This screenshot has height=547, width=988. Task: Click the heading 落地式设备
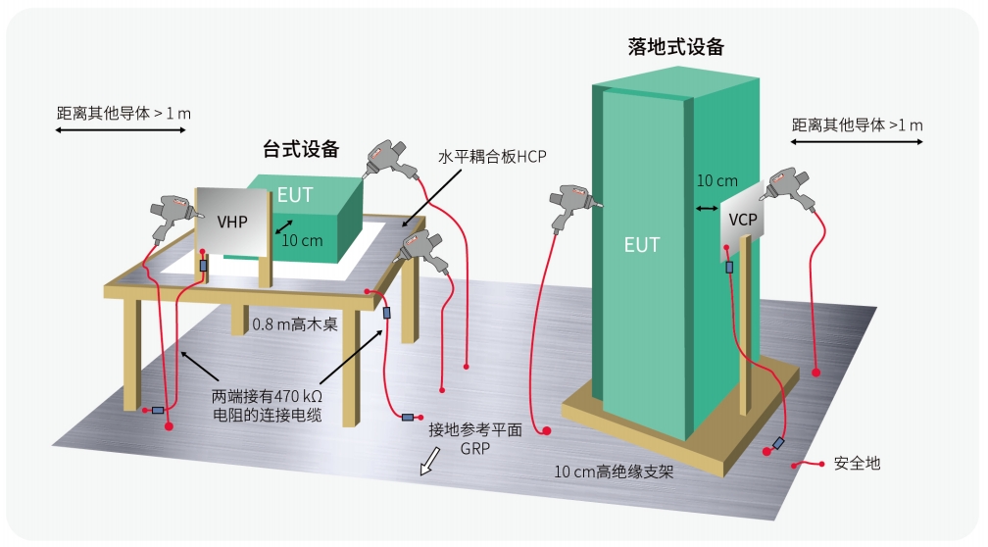(675, 46)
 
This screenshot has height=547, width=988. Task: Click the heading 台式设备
(301, 149)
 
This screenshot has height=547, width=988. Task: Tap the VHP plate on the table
(232, 223)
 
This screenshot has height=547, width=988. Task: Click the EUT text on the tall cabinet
(642, 244)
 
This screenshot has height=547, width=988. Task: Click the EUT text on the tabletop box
(294, 194)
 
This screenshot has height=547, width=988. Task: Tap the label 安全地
(857, 463)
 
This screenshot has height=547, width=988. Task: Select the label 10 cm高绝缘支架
(615, 472)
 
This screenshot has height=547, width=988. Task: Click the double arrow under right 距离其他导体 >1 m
(856, 143)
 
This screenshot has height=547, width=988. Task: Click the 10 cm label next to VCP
(716, 180)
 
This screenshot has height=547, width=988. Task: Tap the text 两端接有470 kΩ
(259, 397)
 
